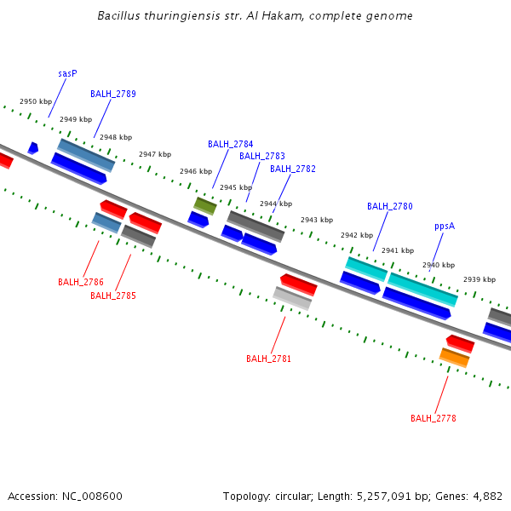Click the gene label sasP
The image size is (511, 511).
click(x=68, y=74)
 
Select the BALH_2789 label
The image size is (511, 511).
click(x=113, y=95)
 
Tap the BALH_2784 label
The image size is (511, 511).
click(x=230, y=145)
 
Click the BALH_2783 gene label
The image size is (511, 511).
click(x=261, y=157)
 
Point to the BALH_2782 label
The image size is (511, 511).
click(x=293, y=169)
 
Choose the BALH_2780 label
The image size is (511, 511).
click(x=390, y=207)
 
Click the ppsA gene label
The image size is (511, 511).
click(x=445, y=227)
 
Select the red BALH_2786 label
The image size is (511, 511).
click(x=81, y=282)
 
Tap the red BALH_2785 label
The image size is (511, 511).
click(x=113, y=296)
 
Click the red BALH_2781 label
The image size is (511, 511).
click(x=269, y=359)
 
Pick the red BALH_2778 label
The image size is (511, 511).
click(x=433, y=419)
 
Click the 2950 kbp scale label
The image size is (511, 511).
click(x=36, y=102)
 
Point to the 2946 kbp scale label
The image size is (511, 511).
click(x=196, y=172)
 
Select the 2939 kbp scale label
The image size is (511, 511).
click(x=479, y=280)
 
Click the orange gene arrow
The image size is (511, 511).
click(x=454, y=358)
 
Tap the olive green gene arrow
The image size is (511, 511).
click(x=205, y=205)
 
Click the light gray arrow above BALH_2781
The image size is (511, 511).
click(x=292, y=298)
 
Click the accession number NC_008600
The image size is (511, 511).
click(x=92, y=496)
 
